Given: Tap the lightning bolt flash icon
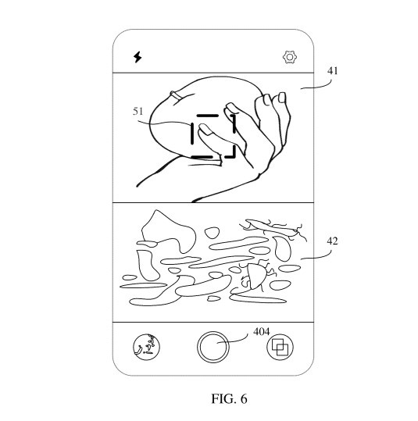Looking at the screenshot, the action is pos(138,57).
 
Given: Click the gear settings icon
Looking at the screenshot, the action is pos(290,57).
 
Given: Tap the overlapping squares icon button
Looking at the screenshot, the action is pos(280,347).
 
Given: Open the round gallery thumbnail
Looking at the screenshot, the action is pos(146,347).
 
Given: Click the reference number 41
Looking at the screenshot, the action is pos(332,71).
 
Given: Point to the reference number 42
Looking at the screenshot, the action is pos(332,241).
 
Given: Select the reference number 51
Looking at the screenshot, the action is pos(138,111).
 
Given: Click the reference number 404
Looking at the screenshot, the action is pos(262,332).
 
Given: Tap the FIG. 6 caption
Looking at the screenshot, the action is pos(229,398).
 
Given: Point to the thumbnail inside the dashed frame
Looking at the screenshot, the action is pos(205,129).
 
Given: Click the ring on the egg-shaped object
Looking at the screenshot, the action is pos(176,95).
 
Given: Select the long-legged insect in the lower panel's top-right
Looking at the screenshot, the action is pos(271,228).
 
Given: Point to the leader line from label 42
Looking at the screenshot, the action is pos(317,257).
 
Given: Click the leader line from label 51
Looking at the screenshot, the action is pos(164,123).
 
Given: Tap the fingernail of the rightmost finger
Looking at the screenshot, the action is pos(282,98).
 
